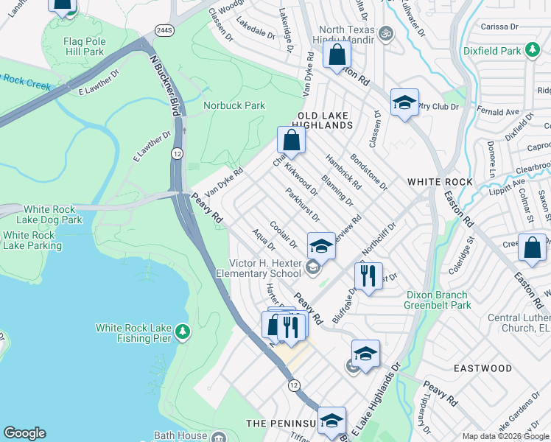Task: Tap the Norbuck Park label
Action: [x=234, y=105]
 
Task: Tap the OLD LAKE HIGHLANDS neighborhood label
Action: [x=325, y=120]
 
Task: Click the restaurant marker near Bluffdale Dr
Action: [x=366, y=276]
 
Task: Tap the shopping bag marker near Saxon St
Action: [x=532, y=248]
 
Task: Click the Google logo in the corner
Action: [x=24, y=433]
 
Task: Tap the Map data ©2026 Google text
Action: [x=505, y=436]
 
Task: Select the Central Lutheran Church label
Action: [x=508, y=323]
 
